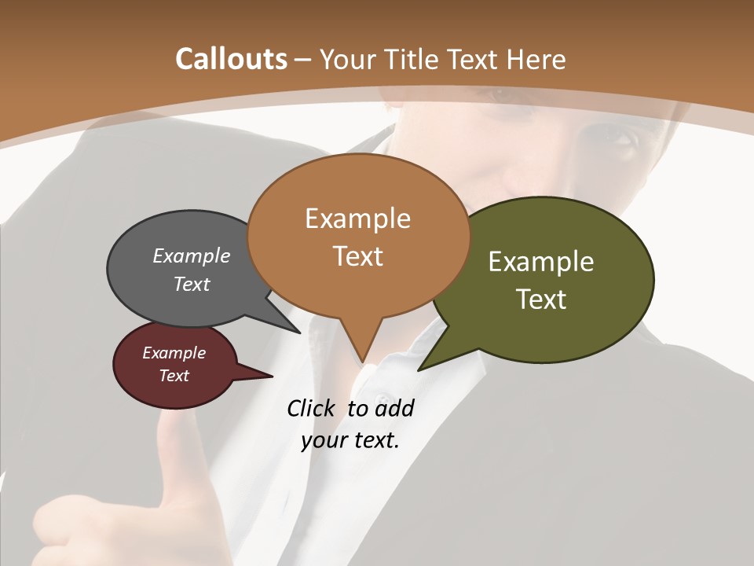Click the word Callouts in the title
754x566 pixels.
tap(231, 59)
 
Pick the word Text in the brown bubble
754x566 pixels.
tap(357, 255)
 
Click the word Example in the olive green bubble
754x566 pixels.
tap(541, 261)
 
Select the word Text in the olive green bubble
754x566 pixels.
tap(541, 299)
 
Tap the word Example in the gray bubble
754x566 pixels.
tap(191, 255)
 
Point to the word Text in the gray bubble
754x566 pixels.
tap(191, 284)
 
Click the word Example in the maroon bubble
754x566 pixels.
tap(174, 353)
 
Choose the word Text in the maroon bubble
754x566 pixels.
tap(174, 376)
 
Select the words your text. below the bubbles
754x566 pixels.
tap(350, 440)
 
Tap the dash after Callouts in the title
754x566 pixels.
tap(303, 59)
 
